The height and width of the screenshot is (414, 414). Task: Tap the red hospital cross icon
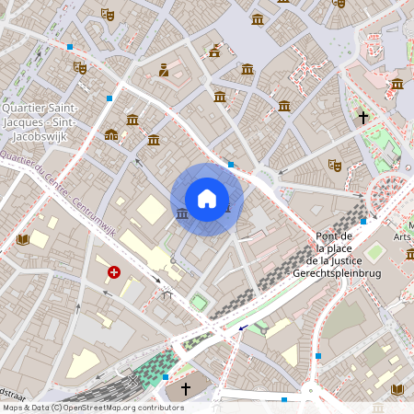click(x=114, y=272)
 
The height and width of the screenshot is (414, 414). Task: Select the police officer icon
click(x=164, y=69)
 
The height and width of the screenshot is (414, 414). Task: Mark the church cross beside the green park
click(x=363, y=118)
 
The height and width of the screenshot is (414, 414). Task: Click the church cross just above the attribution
click(x=185, y=389)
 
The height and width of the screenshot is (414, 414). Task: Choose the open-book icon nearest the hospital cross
click(x=23, y=240)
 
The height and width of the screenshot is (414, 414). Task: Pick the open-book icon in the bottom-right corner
click(x=397, y=389)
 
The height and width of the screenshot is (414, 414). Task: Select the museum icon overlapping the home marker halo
click(x=182, y=213)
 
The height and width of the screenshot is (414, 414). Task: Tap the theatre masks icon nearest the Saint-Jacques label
click(x=80, y=67)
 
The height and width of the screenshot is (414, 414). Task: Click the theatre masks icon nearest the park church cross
click(x=335, y=165)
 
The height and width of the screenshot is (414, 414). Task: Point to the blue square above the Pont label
click(x=364, y=221)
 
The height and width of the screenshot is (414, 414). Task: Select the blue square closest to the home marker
click(x=230, y=164)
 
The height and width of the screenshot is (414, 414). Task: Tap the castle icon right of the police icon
click(x=214, y=52)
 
